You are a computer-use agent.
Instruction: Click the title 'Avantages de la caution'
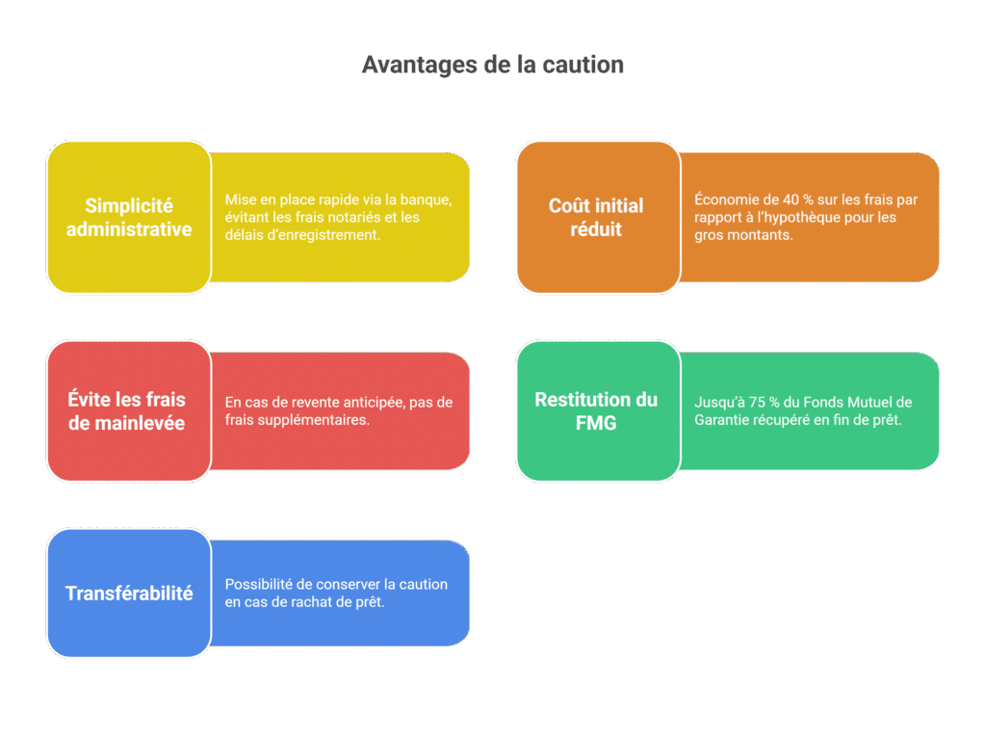pos(492,65)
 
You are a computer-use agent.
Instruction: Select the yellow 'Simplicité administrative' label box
pos(129,217)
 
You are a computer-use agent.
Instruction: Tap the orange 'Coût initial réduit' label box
pos(597,217)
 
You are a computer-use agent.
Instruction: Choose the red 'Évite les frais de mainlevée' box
pos(129,411)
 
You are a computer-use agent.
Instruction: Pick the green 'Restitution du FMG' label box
pos(597,411)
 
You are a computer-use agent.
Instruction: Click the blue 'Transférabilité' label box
pos(129,594)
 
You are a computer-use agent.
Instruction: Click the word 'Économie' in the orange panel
pos(726,200)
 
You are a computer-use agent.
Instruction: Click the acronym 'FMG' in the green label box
pos(596,423)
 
